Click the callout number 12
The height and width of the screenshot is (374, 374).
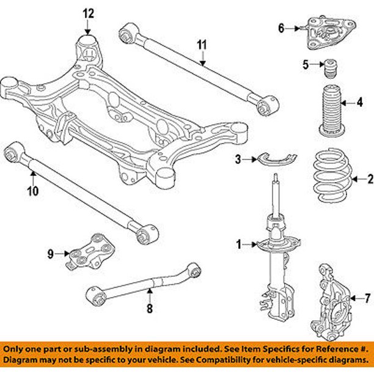(89, 13)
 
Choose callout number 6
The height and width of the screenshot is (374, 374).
(282, 28)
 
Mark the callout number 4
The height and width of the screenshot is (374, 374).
(360, 102)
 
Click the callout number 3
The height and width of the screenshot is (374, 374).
(238, 160)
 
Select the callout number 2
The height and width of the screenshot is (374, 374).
(369, 179)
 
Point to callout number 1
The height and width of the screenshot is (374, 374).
(240, 245)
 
